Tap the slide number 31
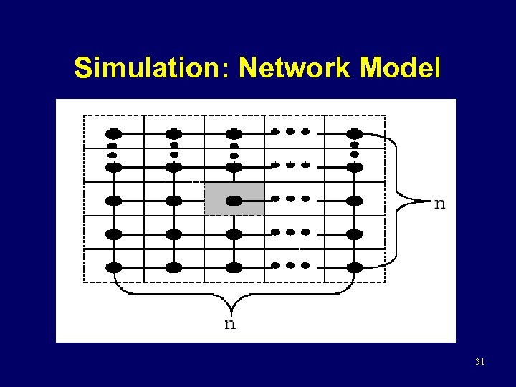point(479,362)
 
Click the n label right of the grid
point(439,204)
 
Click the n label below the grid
point(230,324)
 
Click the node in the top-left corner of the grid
point(113,133)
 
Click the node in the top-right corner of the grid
point(354,133)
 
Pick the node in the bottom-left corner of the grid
point(113,267)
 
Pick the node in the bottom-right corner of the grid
point(354,267)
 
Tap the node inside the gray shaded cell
point(234,201)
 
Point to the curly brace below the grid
point(234,294)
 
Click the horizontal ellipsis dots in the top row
point(290,132)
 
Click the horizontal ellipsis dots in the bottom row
point(290,265)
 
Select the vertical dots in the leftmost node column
point(113,150)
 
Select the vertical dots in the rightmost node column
point(354,150)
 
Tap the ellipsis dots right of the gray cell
point(290,199)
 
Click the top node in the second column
point(173,133)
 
